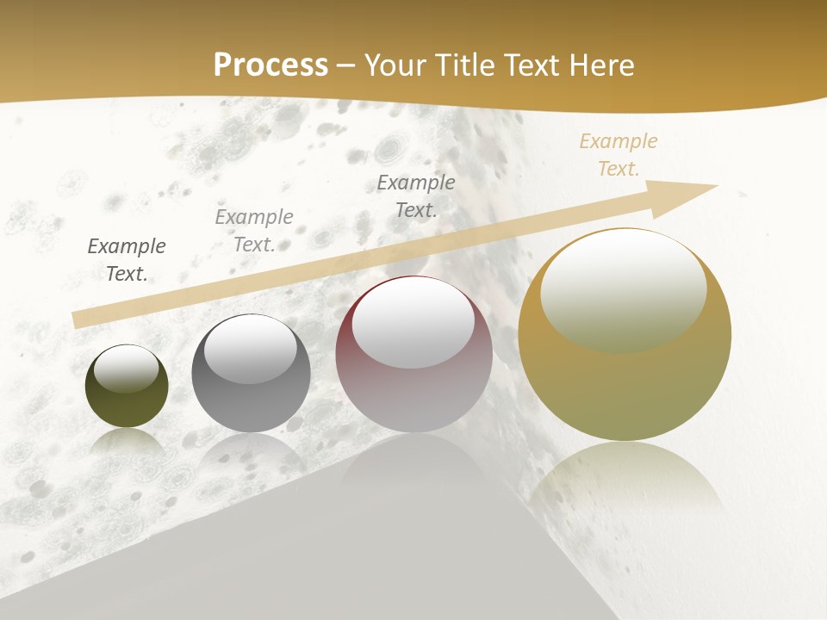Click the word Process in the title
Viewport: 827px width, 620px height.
point(270,65)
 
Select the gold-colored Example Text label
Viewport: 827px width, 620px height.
point(619,155)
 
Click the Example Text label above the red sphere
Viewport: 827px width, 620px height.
point(416,195)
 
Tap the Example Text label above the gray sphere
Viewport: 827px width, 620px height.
point(254,231)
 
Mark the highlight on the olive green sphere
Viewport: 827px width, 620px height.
point(127,368)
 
